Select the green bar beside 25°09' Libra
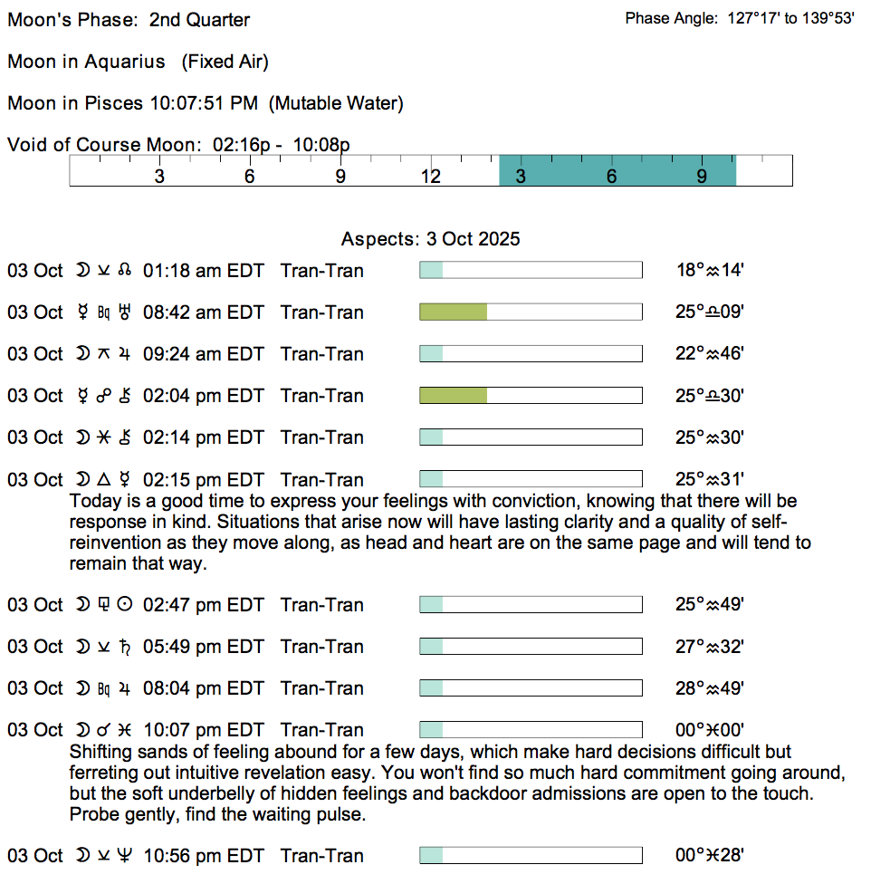(x=453, y=312)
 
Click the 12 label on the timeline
(x=431, y=177)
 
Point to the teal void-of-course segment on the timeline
(x=617, y=170)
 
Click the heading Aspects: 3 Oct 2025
(x=430, y=240)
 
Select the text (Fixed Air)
(x=225, y=62)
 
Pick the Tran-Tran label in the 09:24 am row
(x=322, y=354)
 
